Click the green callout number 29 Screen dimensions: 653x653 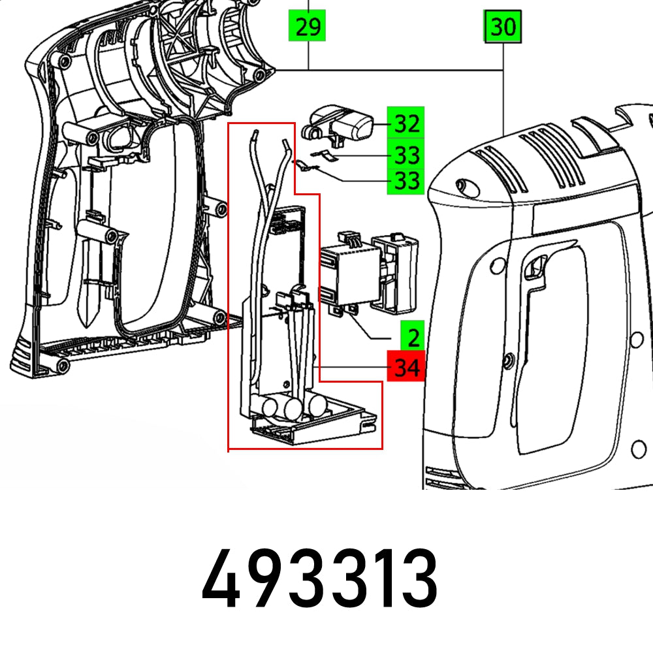click(308, 28)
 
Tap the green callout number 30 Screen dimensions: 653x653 click(503, 28)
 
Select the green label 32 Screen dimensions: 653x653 click(406, 123)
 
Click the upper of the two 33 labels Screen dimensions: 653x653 click(406, 155)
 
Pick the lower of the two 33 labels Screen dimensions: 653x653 click(406, 180)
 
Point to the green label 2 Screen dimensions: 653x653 click(412, 338)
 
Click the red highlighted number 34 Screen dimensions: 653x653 click(406, 368)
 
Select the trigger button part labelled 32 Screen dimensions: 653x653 click(343, 124)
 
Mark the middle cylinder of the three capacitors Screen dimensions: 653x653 click(291, 408)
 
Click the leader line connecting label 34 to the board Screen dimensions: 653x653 click(353, 368)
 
